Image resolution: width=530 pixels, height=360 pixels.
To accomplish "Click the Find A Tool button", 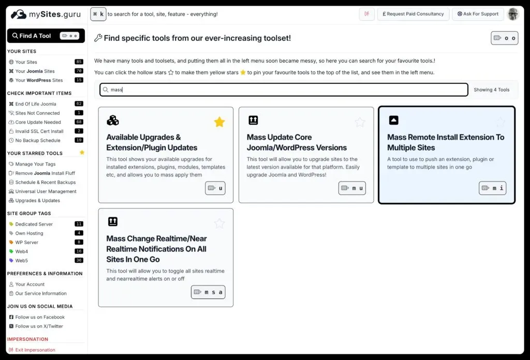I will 46,36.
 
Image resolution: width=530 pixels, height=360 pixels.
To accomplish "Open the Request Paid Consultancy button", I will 413,14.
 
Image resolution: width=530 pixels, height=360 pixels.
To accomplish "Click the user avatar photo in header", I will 513,14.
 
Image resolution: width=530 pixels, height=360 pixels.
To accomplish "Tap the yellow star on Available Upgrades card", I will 219,122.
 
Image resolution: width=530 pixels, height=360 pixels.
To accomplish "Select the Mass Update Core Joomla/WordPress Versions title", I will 297,142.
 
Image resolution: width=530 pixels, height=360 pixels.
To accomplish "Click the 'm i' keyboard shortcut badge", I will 492,188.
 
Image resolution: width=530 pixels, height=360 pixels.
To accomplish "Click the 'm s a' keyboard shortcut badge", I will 208,292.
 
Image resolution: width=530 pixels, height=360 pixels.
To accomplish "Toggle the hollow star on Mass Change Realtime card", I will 219,223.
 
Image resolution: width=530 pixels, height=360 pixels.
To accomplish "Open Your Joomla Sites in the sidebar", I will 35,71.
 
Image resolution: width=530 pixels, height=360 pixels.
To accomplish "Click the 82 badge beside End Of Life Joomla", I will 79,104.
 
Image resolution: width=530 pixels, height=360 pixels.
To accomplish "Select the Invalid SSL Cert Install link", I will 39,131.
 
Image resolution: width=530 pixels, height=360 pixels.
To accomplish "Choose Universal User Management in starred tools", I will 46,191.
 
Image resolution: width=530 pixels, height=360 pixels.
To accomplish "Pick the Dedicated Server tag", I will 34,224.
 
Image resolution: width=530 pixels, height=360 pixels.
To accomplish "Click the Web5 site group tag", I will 22,261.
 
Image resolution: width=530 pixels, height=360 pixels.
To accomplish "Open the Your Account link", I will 30,284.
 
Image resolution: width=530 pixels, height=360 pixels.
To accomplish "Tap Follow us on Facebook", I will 40,317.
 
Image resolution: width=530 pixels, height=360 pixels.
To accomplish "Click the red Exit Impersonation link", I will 35,350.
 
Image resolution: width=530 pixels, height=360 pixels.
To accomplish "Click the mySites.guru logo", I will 46,14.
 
